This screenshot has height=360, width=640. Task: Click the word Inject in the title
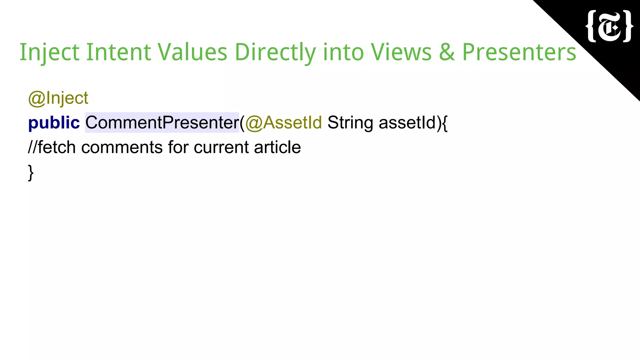click(x=49, y=52)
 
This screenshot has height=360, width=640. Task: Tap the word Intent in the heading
click(x=118, y=52)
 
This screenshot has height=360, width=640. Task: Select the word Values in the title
click(x=192, y=52)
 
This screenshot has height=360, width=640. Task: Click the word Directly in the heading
click(x=275, y=52)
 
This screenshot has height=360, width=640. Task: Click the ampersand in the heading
click(x=447, y=52)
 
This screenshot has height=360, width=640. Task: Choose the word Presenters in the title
click(x=519, y=52)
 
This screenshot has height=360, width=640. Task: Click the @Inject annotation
click(x=58, y=98)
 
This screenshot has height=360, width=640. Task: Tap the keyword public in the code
click(x=54, y=122)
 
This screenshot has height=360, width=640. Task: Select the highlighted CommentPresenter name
click(x=162, y=122)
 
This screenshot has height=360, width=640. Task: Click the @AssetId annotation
click(x=283, y=122)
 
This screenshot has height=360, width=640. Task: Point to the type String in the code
click(x=350, y=122)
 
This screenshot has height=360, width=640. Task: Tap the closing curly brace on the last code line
click(x=31, y=172)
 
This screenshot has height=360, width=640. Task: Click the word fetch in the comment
click(x=57, y=147)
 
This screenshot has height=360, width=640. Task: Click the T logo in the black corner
click(x=609, y=27)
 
